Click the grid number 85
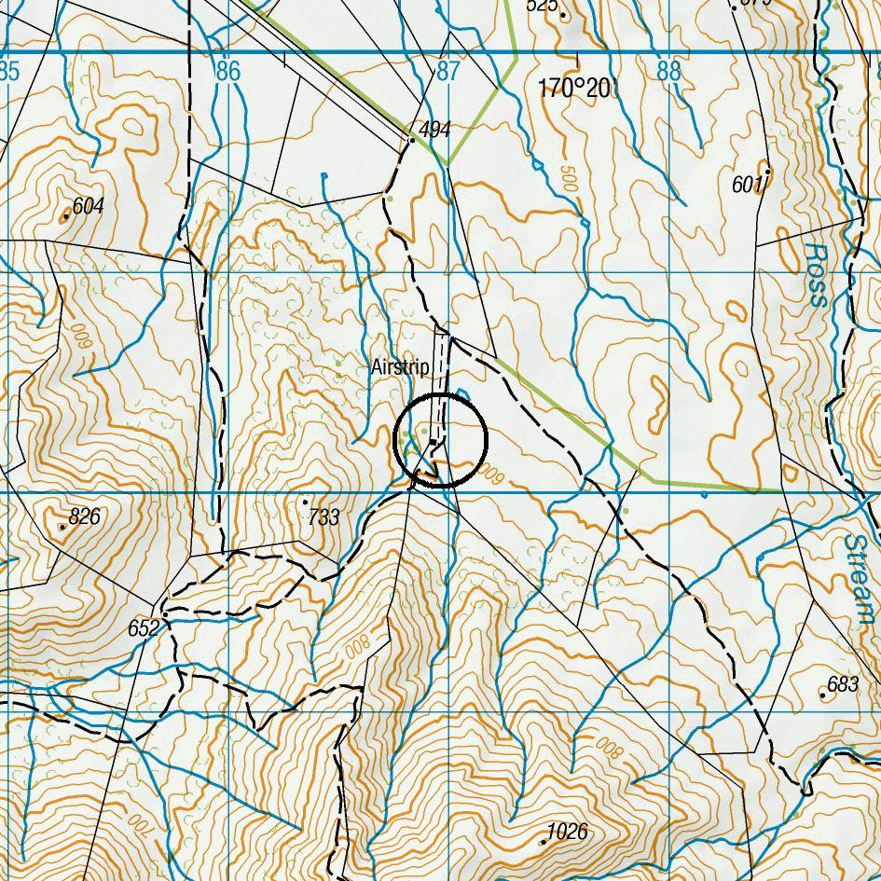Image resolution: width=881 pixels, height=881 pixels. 9,71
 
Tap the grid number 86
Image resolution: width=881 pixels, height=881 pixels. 227,71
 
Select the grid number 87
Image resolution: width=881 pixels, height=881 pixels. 448,71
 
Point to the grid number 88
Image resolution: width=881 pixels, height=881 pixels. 668,71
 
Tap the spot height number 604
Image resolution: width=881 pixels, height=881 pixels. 88,206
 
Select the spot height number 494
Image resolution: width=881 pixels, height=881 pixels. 435,129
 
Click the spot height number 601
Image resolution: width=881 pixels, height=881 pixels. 748,186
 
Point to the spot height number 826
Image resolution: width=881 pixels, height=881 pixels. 84,516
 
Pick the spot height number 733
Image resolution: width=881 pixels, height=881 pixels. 323,517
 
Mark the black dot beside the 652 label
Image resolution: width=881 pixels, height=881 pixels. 164,614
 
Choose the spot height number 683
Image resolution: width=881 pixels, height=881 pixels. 843,685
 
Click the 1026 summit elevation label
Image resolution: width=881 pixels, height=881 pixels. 568,832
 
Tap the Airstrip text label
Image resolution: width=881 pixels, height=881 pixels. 400,367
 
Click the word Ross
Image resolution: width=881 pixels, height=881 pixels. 816,275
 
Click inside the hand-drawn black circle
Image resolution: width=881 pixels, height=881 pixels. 441,440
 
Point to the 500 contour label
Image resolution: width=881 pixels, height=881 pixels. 568,180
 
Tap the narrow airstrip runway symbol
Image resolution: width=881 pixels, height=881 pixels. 444,373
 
